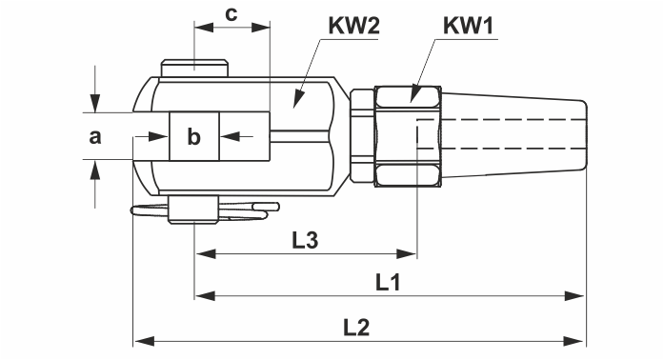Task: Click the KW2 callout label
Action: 354,26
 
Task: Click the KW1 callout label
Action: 469,26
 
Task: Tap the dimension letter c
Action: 231,15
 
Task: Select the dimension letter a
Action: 95,137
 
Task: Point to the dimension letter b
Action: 193,136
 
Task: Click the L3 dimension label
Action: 305,240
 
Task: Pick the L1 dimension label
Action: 388,282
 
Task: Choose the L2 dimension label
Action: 356,328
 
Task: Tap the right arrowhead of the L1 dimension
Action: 574,295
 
